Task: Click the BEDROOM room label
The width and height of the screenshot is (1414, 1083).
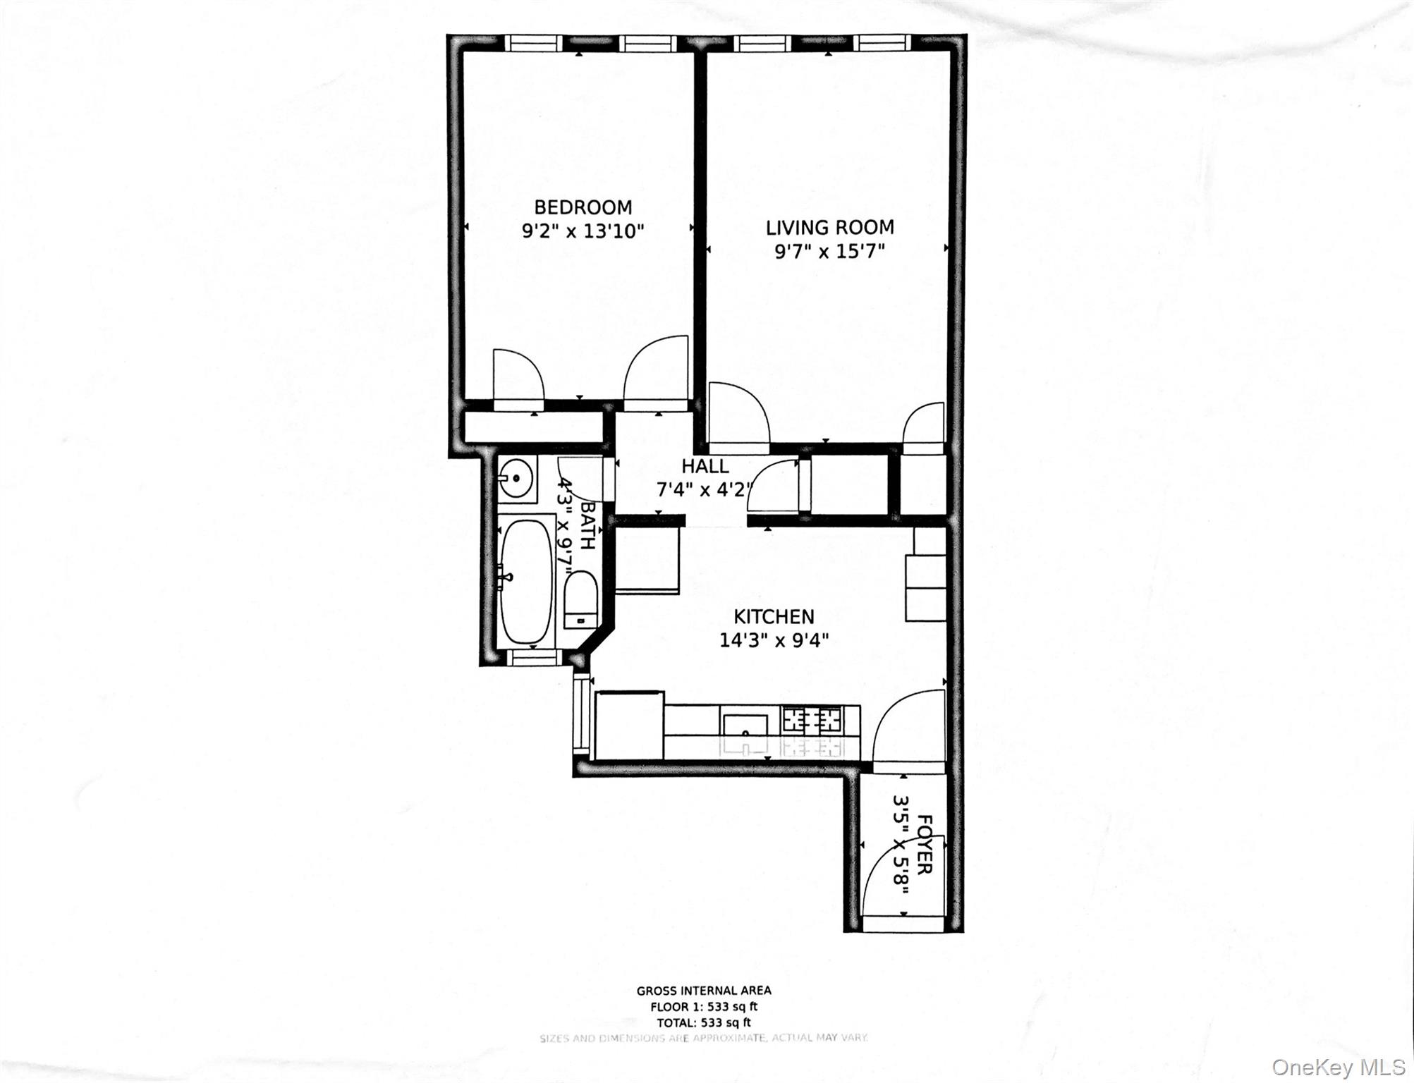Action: pyautogui.click(x=583, y=207)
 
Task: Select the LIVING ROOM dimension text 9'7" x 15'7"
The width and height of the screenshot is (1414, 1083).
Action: pyautogui.click(x=829, y=252)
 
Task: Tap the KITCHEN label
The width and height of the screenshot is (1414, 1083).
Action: pyautogui.click(x=774, y=617)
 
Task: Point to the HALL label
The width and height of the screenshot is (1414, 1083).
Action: pyautogui.click(x=705, y=466)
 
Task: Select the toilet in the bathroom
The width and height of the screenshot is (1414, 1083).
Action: pyautogui.click(x=580, y=600)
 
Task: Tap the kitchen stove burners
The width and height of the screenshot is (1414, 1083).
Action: pyautogui.click(x=812, y=720)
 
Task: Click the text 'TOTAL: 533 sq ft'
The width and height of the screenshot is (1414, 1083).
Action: pyautogui.click(x=703, y=1022)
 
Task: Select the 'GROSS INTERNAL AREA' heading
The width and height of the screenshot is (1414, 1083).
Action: pyautogui.click(x=703, y=991)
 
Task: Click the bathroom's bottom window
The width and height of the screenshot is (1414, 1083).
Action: pyautogui.click(x=534, y=657)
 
